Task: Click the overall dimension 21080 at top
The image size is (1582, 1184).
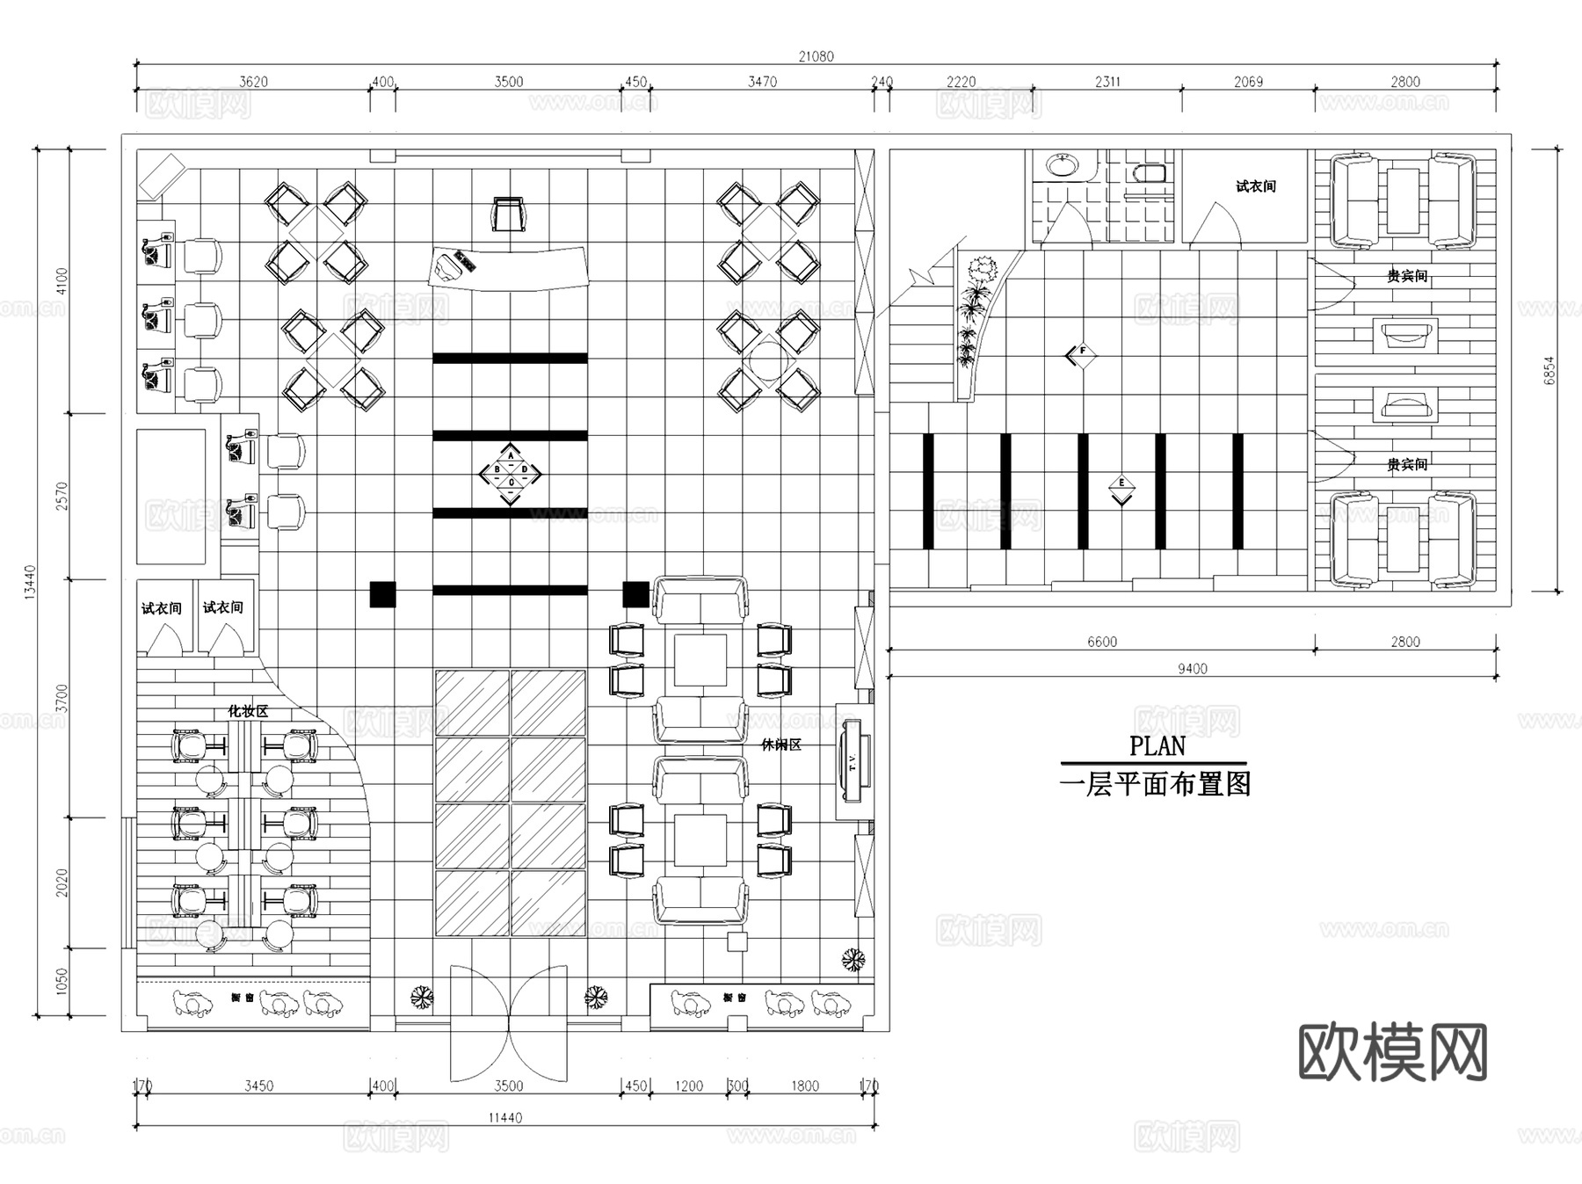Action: pyautogui.click(x=816, y=56)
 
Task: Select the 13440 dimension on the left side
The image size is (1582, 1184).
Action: pyautogui.click(x=30, y=581)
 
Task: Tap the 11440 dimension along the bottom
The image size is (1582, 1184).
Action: pyautogui.click(x=504, y=1118)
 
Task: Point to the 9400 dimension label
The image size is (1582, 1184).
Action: pyautogui.click(x=1192, y=669)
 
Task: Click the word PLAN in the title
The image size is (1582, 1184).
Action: pyautogui.click(x=1157, y=746)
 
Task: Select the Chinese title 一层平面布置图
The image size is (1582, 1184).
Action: pyautogui.click(x=1155, y=783)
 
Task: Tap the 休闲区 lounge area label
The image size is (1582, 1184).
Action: pyautogui.click(x=780, y=745)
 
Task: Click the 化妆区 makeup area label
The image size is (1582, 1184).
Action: pyautogui.click(x=248, y=711)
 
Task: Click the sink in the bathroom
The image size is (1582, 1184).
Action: pyautogui.click(x=1063, y=164)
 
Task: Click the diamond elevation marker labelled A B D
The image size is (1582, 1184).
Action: pyautogui.click(x=511, y=475)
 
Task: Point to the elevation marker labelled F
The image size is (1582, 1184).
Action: pyautogui.click(x=1081, y=354)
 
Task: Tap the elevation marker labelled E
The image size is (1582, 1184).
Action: pyautogui.click(x=1121, y=489)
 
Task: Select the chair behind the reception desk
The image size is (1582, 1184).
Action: pyautogui.click(x=509, y=214)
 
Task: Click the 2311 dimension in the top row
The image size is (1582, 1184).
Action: pyautogui.click(x=1107, y=82)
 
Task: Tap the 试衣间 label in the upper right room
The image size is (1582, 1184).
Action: pyautogui.click(x=1255, y=186)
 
